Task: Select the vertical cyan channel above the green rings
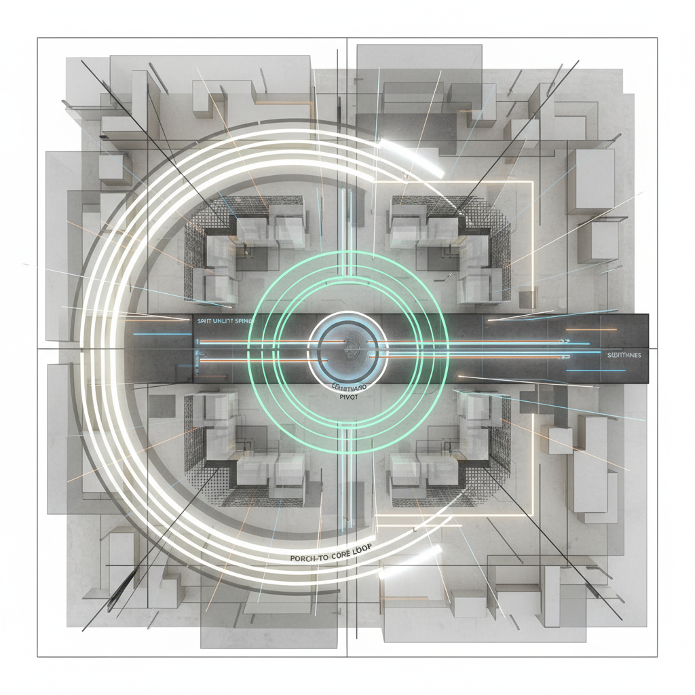pyautogui.click(x=347, y=217)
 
